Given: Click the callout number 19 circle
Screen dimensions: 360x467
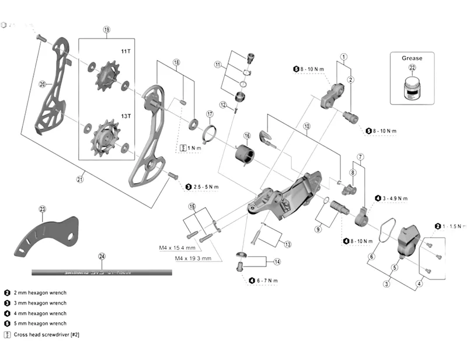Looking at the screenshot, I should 107,29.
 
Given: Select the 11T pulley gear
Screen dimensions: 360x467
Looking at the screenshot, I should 106,78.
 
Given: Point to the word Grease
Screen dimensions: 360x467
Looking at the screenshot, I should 412,58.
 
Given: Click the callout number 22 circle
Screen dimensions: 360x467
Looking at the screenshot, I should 413,68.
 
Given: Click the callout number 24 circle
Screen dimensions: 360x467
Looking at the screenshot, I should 102,256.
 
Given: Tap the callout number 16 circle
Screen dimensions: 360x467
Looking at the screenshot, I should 247,135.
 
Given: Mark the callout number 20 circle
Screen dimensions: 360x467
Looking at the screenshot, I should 42,84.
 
